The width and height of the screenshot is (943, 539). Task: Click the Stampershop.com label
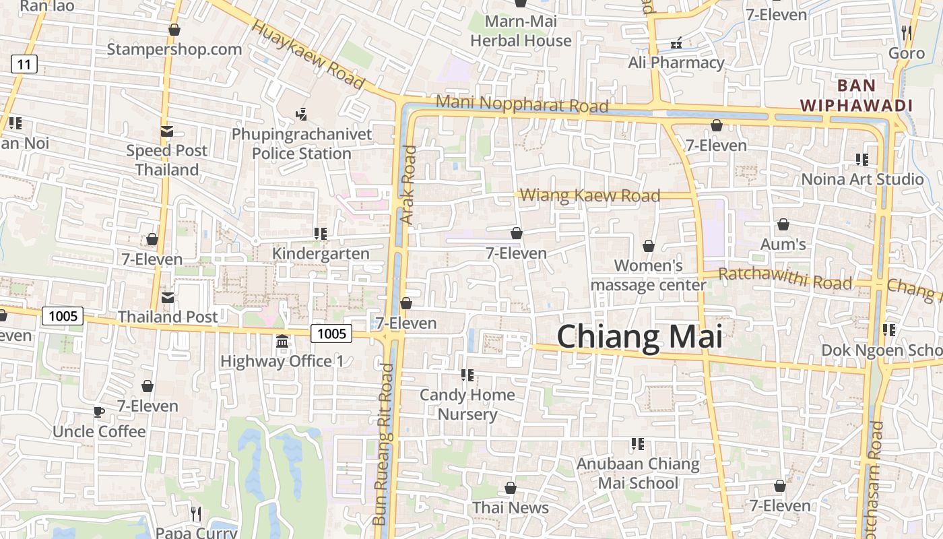point(174,49)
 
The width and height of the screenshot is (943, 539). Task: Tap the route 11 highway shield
point(24,65)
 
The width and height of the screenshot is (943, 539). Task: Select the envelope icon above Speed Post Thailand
point(166,131)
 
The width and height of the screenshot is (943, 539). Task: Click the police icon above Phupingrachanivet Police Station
point(302,115)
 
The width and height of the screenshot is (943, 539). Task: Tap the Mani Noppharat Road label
point(522,104)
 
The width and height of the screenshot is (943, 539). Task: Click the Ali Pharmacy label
point(676,63)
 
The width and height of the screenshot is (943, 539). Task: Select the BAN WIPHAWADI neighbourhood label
point(856,96)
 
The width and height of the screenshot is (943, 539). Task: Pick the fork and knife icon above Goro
point(906,32)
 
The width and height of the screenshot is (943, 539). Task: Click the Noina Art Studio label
point(862,179)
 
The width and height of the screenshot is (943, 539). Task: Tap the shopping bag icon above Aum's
point(783,224)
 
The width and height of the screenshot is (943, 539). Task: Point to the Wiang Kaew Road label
point(590,195)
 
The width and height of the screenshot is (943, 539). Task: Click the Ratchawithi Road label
point(785,278)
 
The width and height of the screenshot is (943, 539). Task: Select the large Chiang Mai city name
point(639,336)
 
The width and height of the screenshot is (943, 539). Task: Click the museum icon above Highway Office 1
point(282,342)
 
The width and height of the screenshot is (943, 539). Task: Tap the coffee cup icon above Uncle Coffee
point(99,412)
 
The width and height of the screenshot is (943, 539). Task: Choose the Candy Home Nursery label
point(467,404)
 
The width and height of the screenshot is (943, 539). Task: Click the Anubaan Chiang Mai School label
point(638,474)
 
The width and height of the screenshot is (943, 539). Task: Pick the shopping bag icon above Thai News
point(511,488)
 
